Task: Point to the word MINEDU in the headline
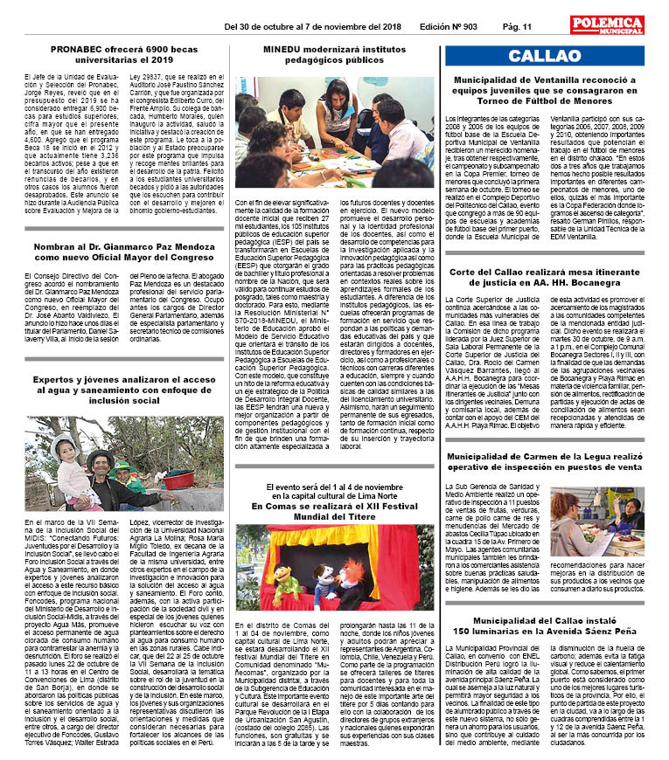(289, 49)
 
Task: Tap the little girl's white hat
(63, 445)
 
